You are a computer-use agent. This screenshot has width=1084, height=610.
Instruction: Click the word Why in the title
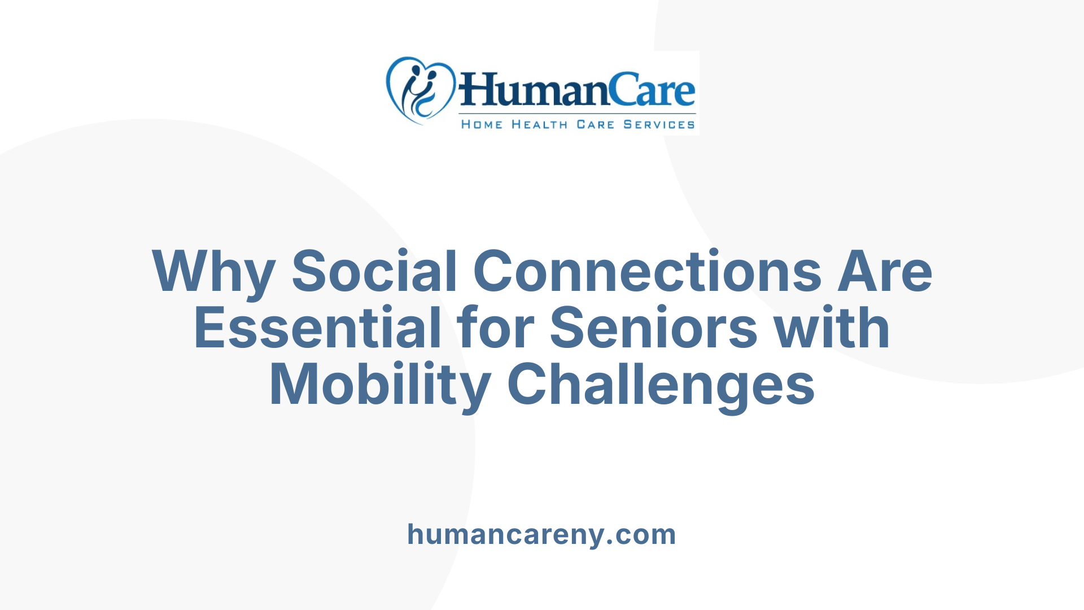point(213,272)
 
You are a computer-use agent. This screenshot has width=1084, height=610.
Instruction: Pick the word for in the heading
point(496,328)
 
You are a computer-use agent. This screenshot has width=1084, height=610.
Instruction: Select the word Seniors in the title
point(653,328)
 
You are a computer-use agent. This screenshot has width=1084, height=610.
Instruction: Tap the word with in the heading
point(832,328)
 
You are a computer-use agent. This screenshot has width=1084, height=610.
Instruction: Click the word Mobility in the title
point(380,385)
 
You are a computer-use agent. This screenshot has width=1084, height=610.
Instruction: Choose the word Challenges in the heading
point(661,385)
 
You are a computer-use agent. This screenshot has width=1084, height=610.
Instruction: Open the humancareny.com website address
point(541,534)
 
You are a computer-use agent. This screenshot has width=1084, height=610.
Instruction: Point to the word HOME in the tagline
point(482,124)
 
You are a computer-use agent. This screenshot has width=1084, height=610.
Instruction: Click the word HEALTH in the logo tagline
point(539,124)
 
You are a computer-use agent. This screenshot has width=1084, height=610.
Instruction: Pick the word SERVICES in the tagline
point(659,124)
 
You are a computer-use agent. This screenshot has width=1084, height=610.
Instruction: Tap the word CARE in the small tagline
point(595,124)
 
